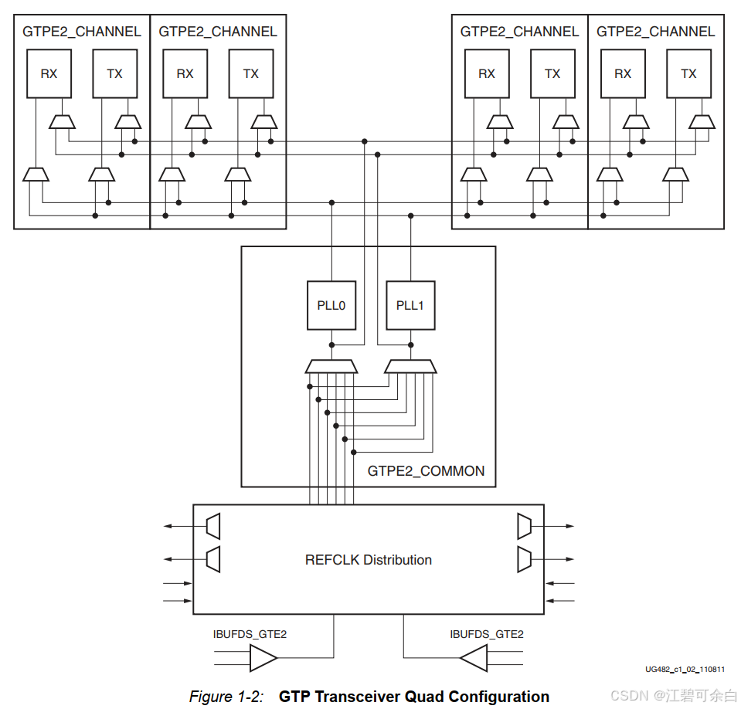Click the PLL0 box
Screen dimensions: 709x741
(x=331, y=306)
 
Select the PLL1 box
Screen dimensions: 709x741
(x=410, y=306)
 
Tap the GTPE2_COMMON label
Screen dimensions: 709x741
(x=426, y=471)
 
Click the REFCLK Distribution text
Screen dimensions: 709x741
(x=369, y=560)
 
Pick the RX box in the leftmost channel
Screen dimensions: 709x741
(x=49, y=74)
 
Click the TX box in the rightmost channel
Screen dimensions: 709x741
(x=688, y=74)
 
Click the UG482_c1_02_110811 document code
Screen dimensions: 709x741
(x=685, y=670)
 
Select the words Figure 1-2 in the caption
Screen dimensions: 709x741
(x=226, y=697)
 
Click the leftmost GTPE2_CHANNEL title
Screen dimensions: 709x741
(x=82, y=32)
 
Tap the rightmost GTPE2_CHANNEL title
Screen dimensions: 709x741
(x=656, y=32)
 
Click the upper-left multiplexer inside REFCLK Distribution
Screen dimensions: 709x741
(x=213, y=527)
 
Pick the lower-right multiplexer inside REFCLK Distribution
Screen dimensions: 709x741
(x=524, y=558)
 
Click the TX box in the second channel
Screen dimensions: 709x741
(x=250, y=74)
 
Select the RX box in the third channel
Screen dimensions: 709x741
(x=487, y=74)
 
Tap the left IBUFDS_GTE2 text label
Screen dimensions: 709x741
(x=250, y=634)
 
